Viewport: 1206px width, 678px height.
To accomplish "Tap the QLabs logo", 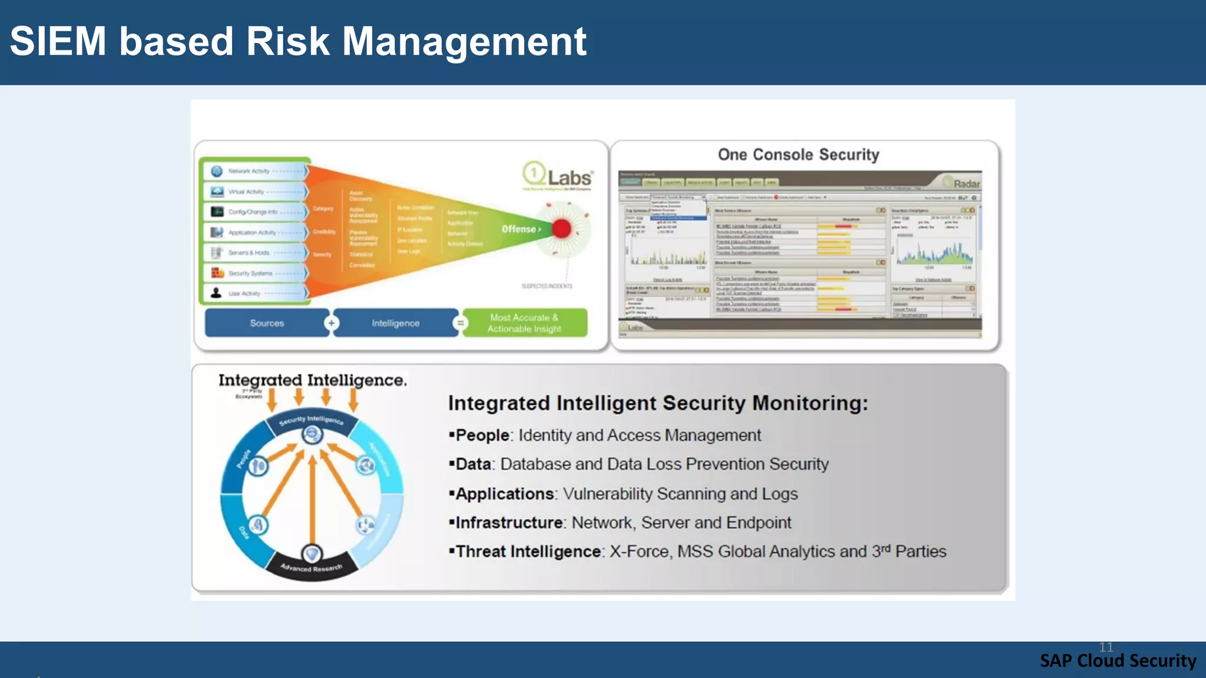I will click(557, 176).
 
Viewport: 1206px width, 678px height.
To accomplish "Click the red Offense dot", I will click(562, 228).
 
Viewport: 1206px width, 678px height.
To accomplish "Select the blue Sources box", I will click(267, 323).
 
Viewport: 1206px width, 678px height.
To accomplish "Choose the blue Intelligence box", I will click(395, 323).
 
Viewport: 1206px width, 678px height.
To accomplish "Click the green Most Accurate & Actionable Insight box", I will click(524, 323).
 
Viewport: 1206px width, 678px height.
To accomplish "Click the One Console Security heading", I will click(798, 155).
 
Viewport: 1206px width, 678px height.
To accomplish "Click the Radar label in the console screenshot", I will click(966, 184).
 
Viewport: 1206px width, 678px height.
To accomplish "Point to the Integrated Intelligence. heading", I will click(312, 380).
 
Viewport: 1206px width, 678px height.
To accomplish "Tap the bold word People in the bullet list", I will click(482, 436).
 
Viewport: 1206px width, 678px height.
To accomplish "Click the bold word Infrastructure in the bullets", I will click(509, 523).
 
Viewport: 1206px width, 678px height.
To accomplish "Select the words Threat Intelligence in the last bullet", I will click(528, 551).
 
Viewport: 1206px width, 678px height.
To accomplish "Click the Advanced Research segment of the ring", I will click(311, 568).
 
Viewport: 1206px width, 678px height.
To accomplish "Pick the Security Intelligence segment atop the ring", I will click(311, 420).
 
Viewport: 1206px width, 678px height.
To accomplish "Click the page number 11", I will click(1106, 647).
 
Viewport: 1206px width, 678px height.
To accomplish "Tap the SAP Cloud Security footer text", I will click(1118, 661).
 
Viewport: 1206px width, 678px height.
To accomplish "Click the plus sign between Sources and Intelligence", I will click(332, 323).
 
